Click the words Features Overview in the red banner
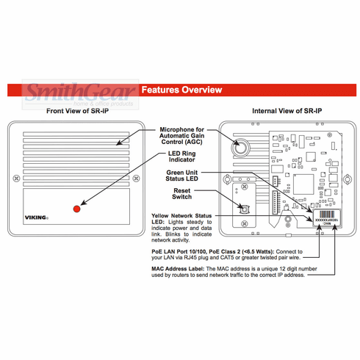coord(181,90)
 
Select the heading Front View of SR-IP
coord(81,111)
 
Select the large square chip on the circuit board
coord(303,183)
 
